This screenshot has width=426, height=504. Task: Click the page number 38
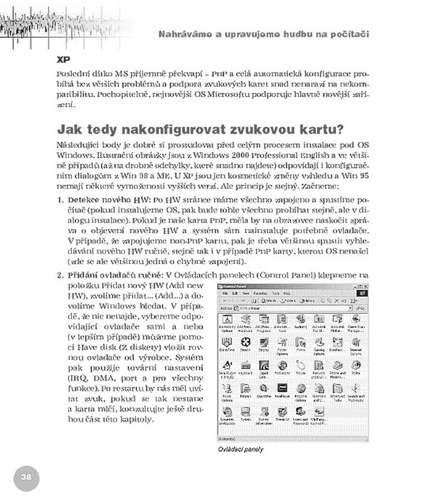(x=26, y=477)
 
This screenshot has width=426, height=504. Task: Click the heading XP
(x=62, y=62)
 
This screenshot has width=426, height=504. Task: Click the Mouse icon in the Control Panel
(x=301, y=367)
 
